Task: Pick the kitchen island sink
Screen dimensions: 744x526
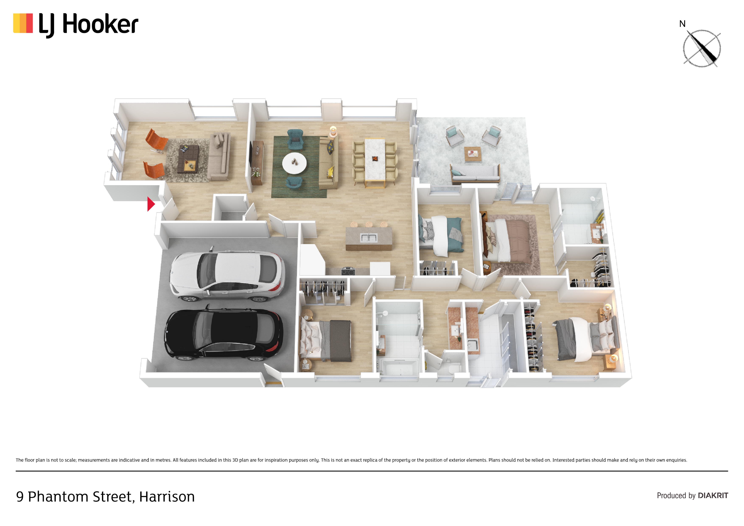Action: (x=369, y=238)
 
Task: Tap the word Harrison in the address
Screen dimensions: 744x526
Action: (x=167, y=497)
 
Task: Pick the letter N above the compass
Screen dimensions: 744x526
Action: (x=682, y=24)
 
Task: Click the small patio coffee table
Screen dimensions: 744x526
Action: (x=473, y=154)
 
